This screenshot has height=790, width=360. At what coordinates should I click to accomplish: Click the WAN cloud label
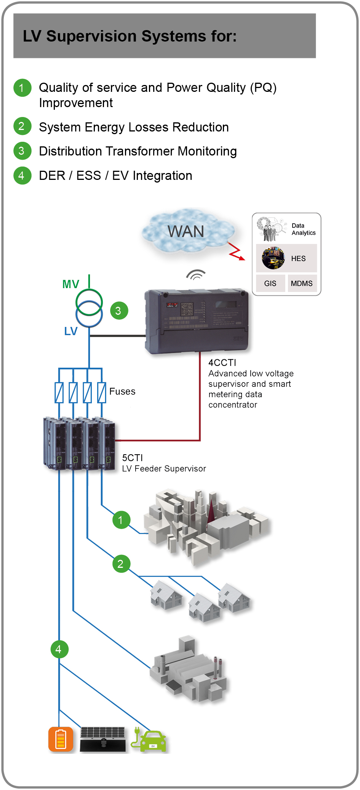[x=186, y=231]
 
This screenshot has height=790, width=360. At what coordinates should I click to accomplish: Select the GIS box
[x=270, y=284]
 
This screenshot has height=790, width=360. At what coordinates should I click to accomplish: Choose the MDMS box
[x=302, y=284]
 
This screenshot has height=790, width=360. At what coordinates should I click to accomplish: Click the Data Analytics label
[x=303, y=229]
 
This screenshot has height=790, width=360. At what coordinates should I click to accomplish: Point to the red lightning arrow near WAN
[x=236, y=252]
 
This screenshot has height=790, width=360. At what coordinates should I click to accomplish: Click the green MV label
[x=70, y=284]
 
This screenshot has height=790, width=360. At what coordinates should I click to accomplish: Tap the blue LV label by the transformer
[x=70, y=331]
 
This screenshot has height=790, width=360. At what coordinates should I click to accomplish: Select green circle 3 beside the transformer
[x=118, y=311]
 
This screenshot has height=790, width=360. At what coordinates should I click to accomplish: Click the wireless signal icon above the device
[x=196, y=275]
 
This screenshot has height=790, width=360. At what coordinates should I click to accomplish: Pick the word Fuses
[x=122, y=391]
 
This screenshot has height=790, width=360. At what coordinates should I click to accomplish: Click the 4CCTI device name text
[x=222, y=362]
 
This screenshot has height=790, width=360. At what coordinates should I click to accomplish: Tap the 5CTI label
[x=132, y=458]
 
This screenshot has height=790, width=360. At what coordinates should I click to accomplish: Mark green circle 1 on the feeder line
[x=121, y=520]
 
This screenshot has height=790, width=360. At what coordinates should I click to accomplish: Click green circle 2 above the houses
[x=121, y=564]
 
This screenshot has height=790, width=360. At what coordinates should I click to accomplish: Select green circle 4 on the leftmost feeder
[x=59, y=649]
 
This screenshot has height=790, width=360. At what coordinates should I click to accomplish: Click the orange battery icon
[x=61, y=739]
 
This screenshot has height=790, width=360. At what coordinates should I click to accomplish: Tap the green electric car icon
[x=149, y=740]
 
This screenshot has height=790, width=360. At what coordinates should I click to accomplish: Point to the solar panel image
[x=103, y=739]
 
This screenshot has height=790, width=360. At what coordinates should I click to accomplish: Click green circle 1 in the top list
[x=22, y=88]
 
